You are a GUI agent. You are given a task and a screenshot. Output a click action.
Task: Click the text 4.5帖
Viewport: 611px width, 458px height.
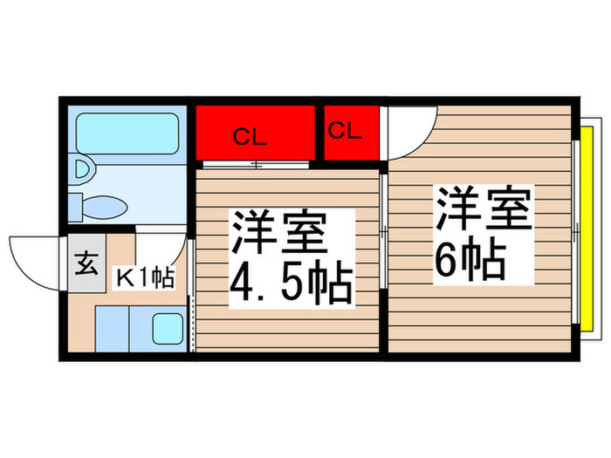click(291, 281)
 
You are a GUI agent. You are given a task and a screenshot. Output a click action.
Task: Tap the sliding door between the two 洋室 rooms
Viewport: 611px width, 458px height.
click(385, 231)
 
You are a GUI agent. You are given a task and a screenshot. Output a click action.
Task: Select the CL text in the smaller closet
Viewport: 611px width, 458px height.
click(345, 132)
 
